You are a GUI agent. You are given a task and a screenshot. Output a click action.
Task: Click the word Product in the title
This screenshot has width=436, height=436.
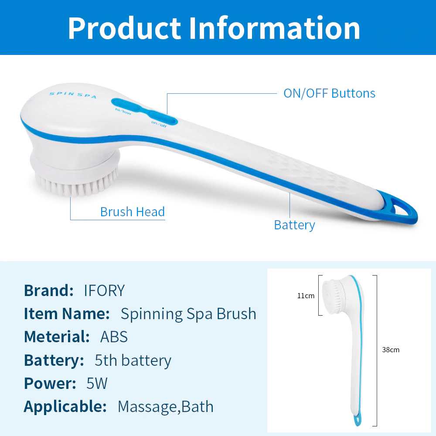point(125,28)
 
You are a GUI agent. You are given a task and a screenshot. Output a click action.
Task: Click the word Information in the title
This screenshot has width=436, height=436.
point(275,28)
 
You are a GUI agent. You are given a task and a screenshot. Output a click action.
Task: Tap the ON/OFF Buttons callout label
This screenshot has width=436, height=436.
point(329,93)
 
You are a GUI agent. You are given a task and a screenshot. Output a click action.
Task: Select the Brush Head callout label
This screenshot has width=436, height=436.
point(133,211)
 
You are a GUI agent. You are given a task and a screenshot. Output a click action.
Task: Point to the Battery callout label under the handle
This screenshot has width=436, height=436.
point(294,225)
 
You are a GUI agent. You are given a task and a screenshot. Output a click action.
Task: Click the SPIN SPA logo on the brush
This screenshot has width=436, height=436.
point(73,95)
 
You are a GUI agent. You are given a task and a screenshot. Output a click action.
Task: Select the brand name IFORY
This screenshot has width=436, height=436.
point(104,290)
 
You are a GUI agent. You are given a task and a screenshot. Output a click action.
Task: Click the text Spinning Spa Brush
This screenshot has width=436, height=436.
point(188,314)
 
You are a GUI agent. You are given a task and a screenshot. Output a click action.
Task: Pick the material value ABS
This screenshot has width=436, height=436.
point(114,337)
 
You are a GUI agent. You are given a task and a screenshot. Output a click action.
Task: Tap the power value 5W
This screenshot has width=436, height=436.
point(97,383)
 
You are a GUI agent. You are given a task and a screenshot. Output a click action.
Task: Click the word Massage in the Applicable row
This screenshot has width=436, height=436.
point(147,407)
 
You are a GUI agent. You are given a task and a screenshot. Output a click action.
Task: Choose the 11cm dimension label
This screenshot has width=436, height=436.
point(306,296)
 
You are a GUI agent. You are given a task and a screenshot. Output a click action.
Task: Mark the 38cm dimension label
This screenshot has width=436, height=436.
point(391,350)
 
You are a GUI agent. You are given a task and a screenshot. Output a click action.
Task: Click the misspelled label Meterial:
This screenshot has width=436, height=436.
point(57,337)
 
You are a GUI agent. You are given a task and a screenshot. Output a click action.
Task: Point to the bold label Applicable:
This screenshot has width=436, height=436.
point(65,407)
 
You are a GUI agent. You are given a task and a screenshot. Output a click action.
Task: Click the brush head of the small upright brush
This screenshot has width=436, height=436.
point(334,296)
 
